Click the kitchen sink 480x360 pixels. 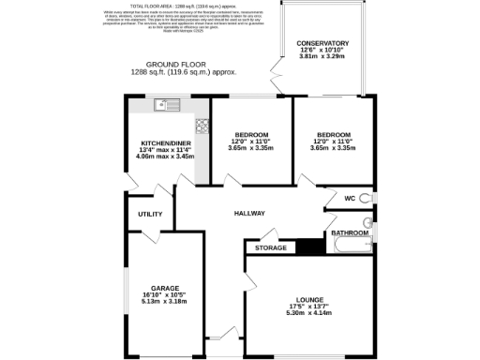click(x=160, y=105)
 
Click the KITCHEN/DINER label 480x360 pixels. click(x=165, y=142)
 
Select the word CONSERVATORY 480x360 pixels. click(x=322, y=43)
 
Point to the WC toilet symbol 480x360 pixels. click(x=367, y=198)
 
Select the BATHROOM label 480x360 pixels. click(x=350, y=232)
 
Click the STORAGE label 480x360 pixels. click(x=270, y=248)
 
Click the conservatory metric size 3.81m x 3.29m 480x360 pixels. click(x=322, y=56)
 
